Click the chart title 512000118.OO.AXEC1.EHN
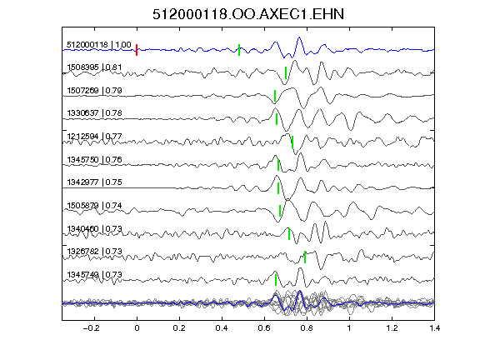(248, 14)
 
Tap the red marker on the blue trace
(137, 50)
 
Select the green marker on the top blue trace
(239, 50)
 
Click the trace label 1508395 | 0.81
(94, 67)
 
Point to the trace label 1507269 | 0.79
(94, 91)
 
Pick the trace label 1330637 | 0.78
(94, 113)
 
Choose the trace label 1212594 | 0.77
(94, 136)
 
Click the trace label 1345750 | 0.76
(94, 159)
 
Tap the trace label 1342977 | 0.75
(94, 182)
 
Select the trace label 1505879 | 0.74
(94, 205)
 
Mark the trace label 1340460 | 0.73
(94, 228)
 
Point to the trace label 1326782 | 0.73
(94, 252)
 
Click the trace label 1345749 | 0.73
(94, 275)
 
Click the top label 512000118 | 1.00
(99, 45)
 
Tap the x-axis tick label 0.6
(264, 328)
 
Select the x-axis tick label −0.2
(91, 328)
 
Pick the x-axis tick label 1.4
(434, 328)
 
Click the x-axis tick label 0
(137, 328)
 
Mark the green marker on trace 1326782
(305, 257)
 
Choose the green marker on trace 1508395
(286, 72)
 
